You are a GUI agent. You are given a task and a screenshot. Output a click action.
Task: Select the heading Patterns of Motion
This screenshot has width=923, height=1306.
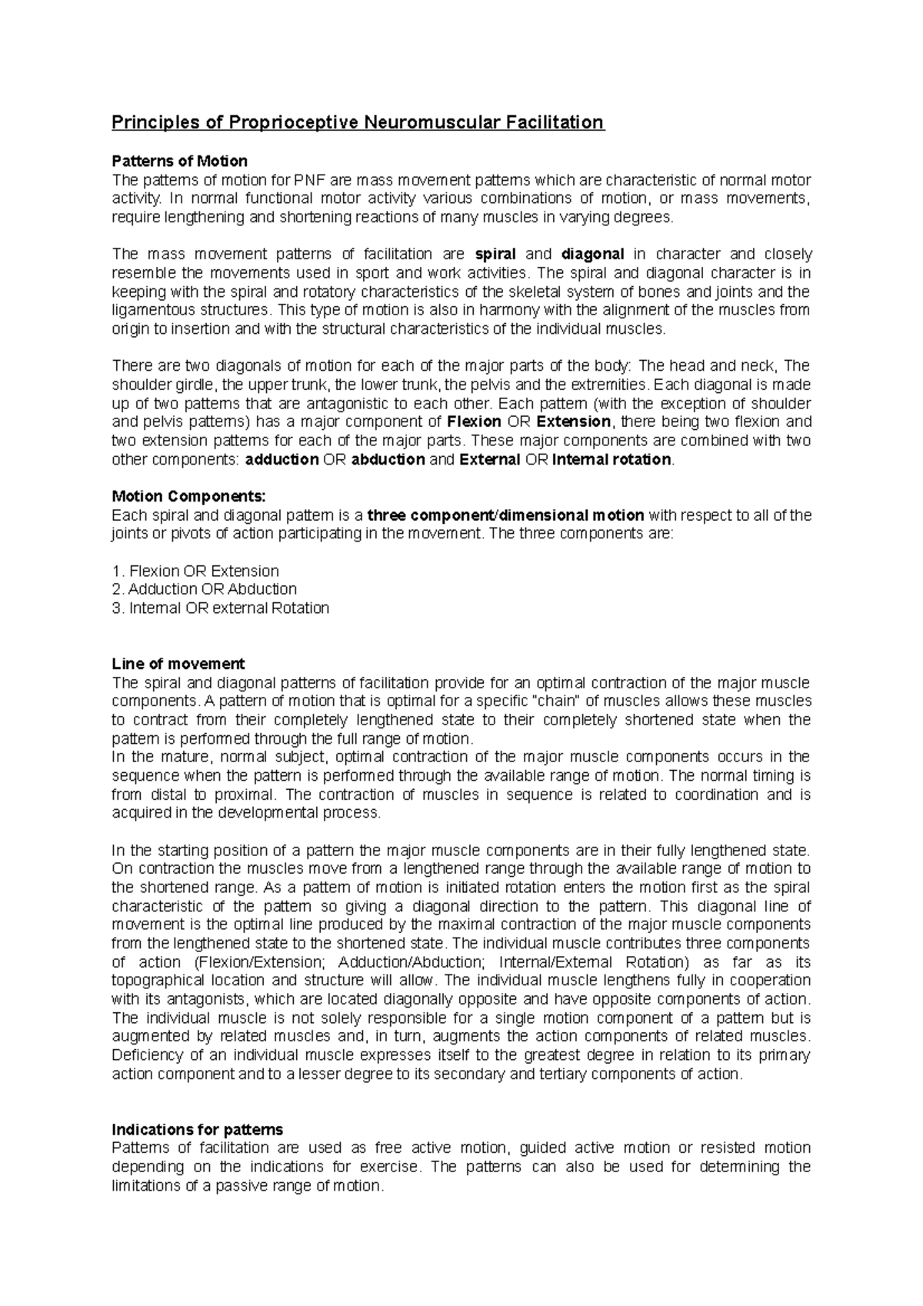tap(179, 162)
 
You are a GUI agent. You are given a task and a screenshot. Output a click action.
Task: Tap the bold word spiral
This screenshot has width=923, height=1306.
tap(495, 255)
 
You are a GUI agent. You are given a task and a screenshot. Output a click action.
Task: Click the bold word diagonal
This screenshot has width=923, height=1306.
tap(592, 255)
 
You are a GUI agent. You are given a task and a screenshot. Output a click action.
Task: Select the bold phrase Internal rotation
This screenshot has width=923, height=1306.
tap(612, 460)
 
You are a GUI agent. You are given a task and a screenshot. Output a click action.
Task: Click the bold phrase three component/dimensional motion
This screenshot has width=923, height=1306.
tap(505, 515)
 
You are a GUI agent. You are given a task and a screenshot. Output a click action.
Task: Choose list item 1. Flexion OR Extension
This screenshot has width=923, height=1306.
tap(195, 571)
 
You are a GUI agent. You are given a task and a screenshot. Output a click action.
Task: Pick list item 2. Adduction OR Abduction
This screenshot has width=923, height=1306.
tap(204, 590)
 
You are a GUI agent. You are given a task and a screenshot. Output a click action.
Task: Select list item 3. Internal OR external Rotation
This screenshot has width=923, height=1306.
tap(220, 608)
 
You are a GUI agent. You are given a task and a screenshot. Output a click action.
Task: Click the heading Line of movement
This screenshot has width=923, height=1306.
tap(178, 664)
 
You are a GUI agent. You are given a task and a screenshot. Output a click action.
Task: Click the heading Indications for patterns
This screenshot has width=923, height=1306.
tap(197, 1130)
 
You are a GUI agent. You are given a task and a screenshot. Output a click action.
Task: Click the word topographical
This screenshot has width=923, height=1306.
tap(158, 981)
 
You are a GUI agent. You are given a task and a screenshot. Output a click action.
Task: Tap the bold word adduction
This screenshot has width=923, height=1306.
tap(282, 460)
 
